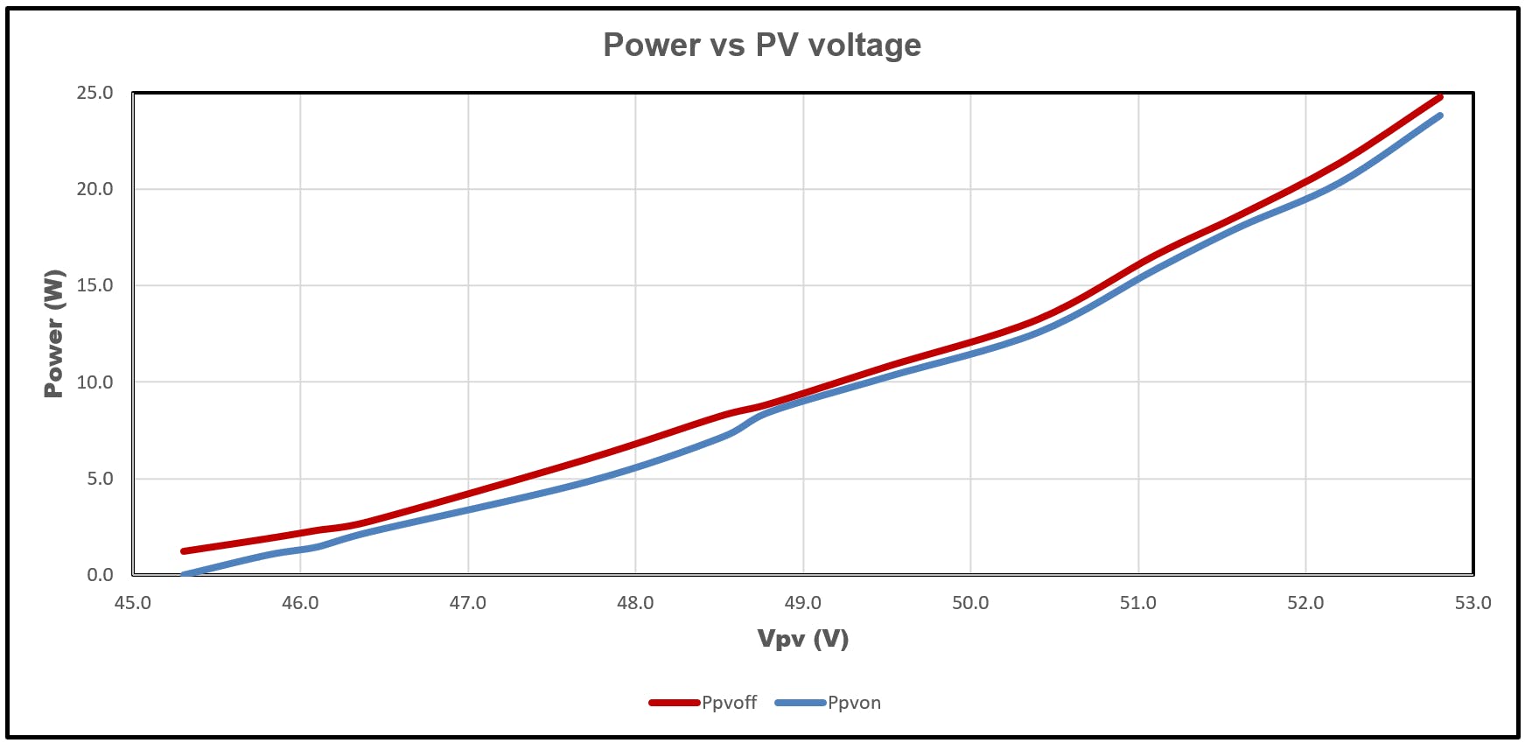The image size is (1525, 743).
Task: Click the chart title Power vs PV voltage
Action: pos(761,45)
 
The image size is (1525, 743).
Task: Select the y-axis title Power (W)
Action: pos(54,333)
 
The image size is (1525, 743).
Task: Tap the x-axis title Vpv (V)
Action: pos(802,639)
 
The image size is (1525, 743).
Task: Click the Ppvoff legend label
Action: pos(729,703)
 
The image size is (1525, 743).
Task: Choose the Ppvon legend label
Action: pos(854,703)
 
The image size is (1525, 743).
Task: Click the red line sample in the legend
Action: pos(674,703)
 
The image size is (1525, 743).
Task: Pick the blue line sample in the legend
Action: pos(800,703)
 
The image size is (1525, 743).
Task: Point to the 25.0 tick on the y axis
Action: pos(94,93)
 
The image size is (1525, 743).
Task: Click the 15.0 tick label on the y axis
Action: pos(94,285)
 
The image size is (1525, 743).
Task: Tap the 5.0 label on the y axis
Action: pos(99,479)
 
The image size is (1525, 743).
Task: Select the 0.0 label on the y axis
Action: pos(99,575)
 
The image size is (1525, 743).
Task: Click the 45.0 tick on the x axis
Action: pos(133,603)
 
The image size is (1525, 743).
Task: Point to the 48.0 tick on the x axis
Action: pos(635,603)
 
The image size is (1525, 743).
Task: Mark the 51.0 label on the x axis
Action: pos(1137,603)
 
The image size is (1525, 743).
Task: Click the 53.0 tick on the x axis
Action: pos(1473,603)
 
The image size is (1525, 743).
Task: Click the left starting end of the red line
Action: pos(184,551)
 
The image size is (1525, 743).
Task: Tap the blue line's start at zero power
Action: pos(184,575)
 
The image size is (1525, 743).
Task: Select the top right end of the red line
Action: pos(1439,97)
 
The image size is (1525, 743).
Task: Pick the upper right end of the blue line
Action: pos(1439,116)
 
